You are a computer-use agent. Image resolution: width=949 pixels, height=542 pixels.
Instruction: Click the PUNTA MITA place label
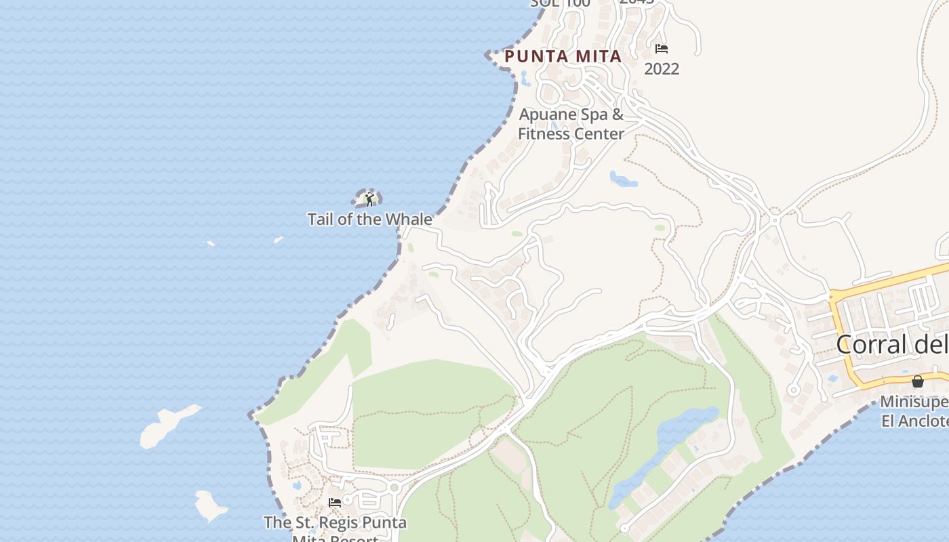coord(563,57)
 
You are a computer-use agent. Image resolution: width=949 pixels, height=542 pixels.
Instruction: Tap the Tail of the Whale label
coord(369,220)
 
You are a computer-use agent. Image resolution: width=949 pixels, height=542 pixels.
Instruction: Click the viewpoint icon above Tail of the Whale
coord(369,199)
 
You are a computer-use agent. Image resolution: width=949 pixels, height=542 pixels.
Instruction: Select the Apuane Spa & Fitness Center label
coord(571,124)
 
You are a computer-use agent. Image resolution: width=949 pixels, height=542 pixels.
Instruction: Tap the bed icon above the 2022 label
coord(662,49)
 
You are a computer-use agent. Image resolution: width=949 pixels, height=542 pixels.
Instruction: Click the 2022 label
coord(662,69)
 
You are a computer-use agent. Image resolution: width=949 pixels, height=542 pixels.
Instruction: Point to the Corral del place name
coord(891,344)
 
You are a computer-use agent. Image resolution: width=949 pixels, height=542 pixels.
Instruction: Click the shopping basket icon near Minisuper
coord(917,381)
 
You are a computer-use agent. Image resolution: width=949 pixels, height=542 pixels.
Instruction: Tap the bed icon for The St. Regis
coord(335,502)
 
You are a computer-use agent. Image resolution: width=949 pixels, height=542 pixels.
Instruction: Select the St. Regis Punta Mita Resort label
coord(335,524)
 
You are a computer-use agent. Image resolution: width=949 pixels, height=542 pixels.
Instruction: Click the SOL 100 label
coord(560,3)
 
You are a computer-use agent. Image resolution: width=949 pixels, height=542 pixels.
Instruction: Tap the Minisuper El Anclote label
coord(914,411)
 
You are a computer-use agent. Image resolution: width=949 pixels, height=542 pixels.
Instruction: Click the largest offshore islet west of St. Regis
coord(166,425)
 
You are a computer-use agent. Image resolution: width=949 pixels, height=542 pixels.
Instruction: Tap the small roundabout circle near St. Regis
coord(395,487)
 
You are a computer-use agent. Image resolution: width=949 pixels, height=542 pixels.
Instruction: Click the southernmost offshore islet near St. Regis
coord(211,505)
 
